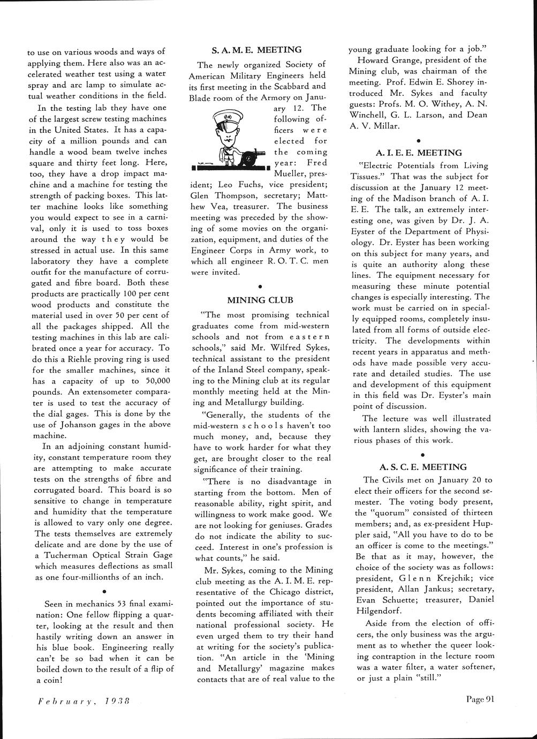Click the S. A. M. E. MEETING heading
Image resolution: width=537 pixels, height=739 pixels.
pyautogui.click(x=256, y=50)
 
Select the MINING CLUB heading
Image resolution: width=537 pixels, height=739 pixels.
pyautogui.click(x=260, y=300)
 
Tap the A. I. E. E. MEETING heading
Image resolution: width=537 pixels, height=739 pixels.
pyautogui.click(x=419, y=153)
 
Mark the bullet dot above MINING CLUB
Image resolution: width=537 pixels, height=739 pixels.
pyautogui.click(x=260, y=286)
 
